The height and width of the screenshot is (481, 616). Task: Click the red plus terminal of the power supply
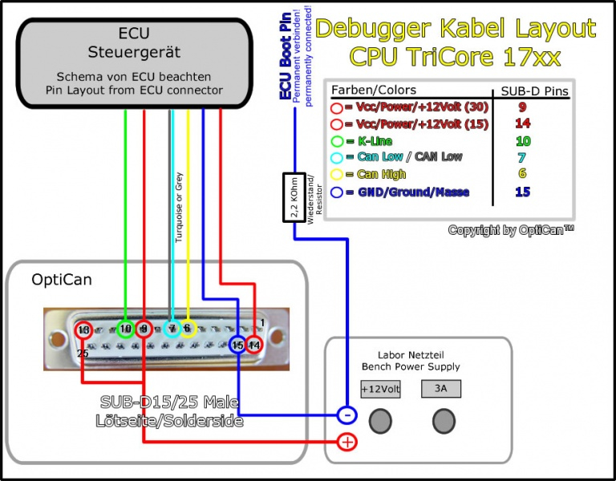pos(347,442)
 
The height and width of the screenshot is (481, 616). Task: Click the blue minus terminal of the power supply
pos(346,415)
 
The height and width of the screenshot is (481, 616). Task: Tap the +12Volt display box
pos(379,390)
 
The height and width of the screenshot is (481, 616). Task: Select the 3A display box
pos(440,390)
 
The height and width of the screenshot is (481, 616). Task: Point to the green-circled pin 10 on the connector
pos(125,328)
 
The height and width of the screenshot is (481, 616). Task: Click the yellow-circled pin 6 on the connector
pos(188,328)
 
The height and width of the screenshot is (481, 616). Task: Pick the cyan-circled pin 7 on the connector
pos(172,328)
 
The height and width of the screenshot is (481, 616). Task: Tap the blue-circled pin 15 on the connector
pos(237,346)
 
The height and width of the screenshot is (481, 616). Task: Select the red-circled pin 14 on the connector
pos(254,346)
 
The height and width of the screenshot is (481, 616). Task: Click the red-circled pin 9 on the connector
pos(144,328)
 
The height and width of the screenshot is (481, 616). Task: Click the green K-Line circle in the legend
pos(337,140)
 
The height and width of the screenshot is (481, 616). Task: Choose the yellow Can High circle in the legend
pos(337,175)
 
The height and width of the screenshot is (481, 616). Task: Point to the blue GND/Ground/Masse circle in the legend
pos(337,192)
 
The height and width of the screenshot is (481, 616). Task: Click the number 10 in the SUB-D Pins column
pos(522,140)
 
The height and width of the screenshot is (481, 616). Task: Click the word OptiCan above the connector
pos(62,280)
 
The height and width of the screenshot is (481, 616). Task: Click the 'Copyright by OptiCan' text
pos(511,230)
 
